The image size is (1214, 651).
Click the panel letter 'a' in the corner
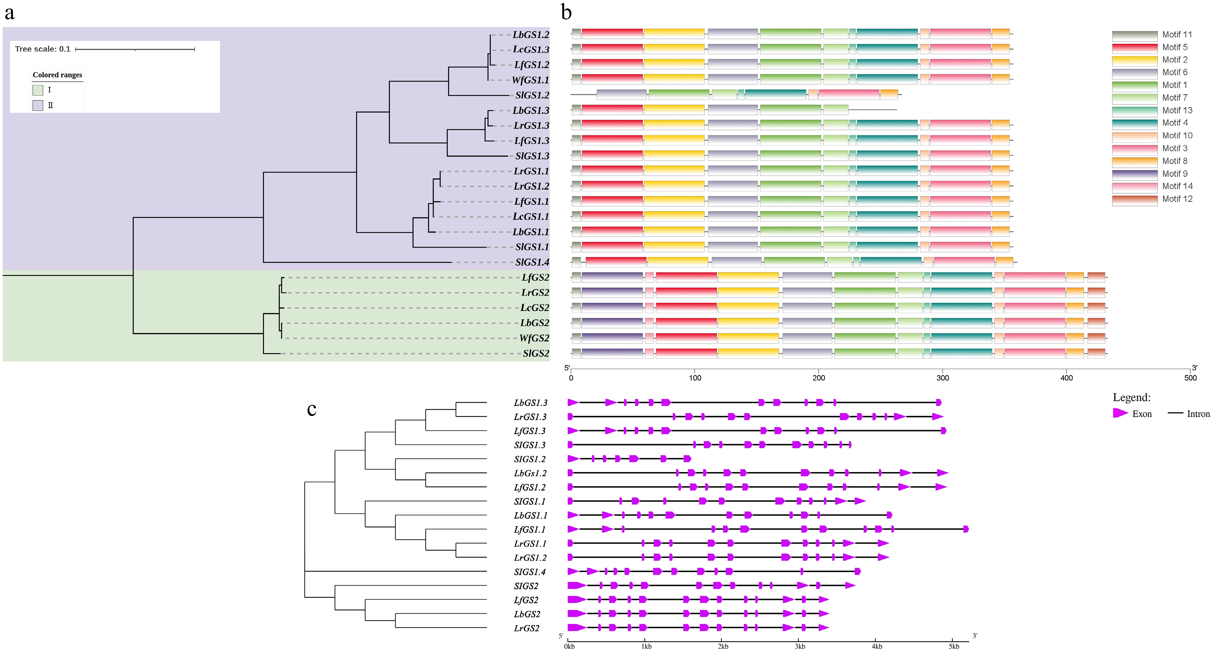click(9, 13)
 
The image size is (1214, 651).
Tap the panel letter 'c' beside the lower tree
click(311, 409)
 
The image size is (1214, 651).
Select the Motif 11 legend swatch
click(1134, 35)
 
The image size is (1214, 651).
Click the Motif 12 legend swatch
click(1134, 200)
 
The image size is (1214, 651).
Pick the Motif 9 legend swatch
click(1134, 174)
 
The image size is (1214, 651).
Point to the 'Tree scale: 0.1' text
click(43, 49)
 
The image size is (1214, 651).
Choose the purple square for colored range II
click(38, 105)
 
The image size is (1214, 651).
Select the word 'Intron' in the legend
click(1198, 414)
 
